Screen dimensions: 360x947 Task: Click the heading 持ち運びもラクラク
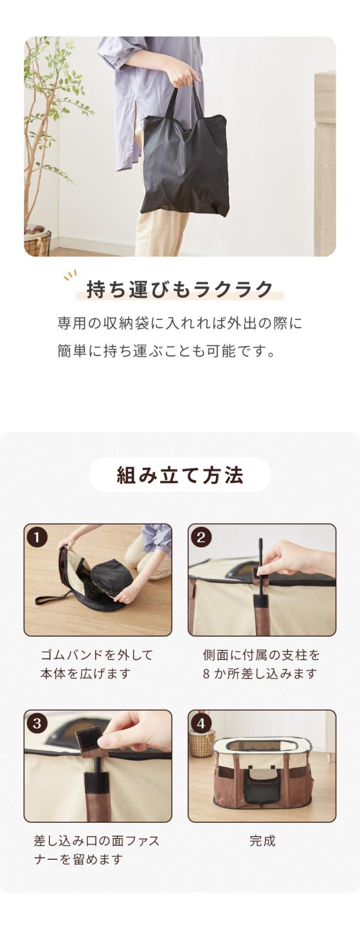[x=180, y=290]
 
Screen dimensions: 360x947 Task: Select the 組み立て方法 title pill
[x=180, y=475]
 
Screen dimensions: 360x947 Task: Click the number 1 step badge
[x=37, y=538]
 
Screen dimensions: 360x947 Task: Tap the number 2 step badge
[x=201, y=538]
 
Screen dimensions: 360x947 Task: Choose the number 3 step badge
[x=37, y=723]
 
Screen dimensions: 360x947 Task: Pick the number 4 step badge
[x=201, y=723]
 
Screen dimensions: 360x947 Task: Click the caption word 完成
[x=262, y=841]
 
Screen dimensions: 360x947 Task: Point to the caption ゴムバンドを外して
[x=97, y=655]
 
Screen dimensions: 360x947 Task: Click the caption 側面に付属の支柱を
[x=262, y=655]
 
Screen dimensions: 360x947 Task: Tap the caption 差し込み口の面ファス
[x=97, y=841]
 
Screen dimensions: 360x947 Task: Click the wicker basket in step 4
[x=202, y=743]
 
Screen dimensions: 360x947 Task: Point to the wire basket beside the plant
[x=38, y=243]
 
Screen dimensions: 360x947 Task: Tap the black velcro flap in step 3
[x=89, y=740]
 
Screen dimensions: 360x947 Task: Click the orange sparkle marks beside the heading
[x=70, y=275]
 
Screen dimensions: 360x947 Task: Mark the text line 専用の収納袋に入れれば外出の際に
[x=180, y=323]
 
